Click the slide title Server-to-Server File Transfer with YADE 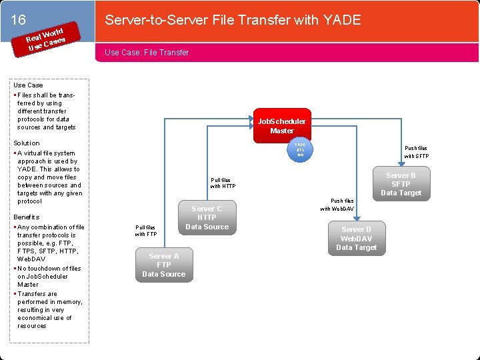[233, 20]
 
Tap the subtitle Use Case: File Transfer [147, 53]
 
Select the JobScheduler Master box [282, 126]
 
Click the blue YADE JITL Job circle [301, 149]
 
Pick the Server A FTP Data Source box [164, 265]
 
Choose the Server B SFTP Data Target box [401, 184]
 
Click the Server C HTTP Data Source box [207, 217]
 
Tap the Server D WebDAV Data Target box [357, 239]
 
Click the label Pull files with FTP [145, 231]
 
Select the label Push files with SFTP [416, 152]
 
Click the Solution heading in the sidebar [27, 143]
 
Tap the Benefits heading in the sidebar [27, 217]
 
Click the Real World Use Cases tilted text [45, 40]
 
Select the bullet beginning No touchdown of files [49, 277]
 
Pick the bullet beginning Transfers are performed [49, 310]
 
